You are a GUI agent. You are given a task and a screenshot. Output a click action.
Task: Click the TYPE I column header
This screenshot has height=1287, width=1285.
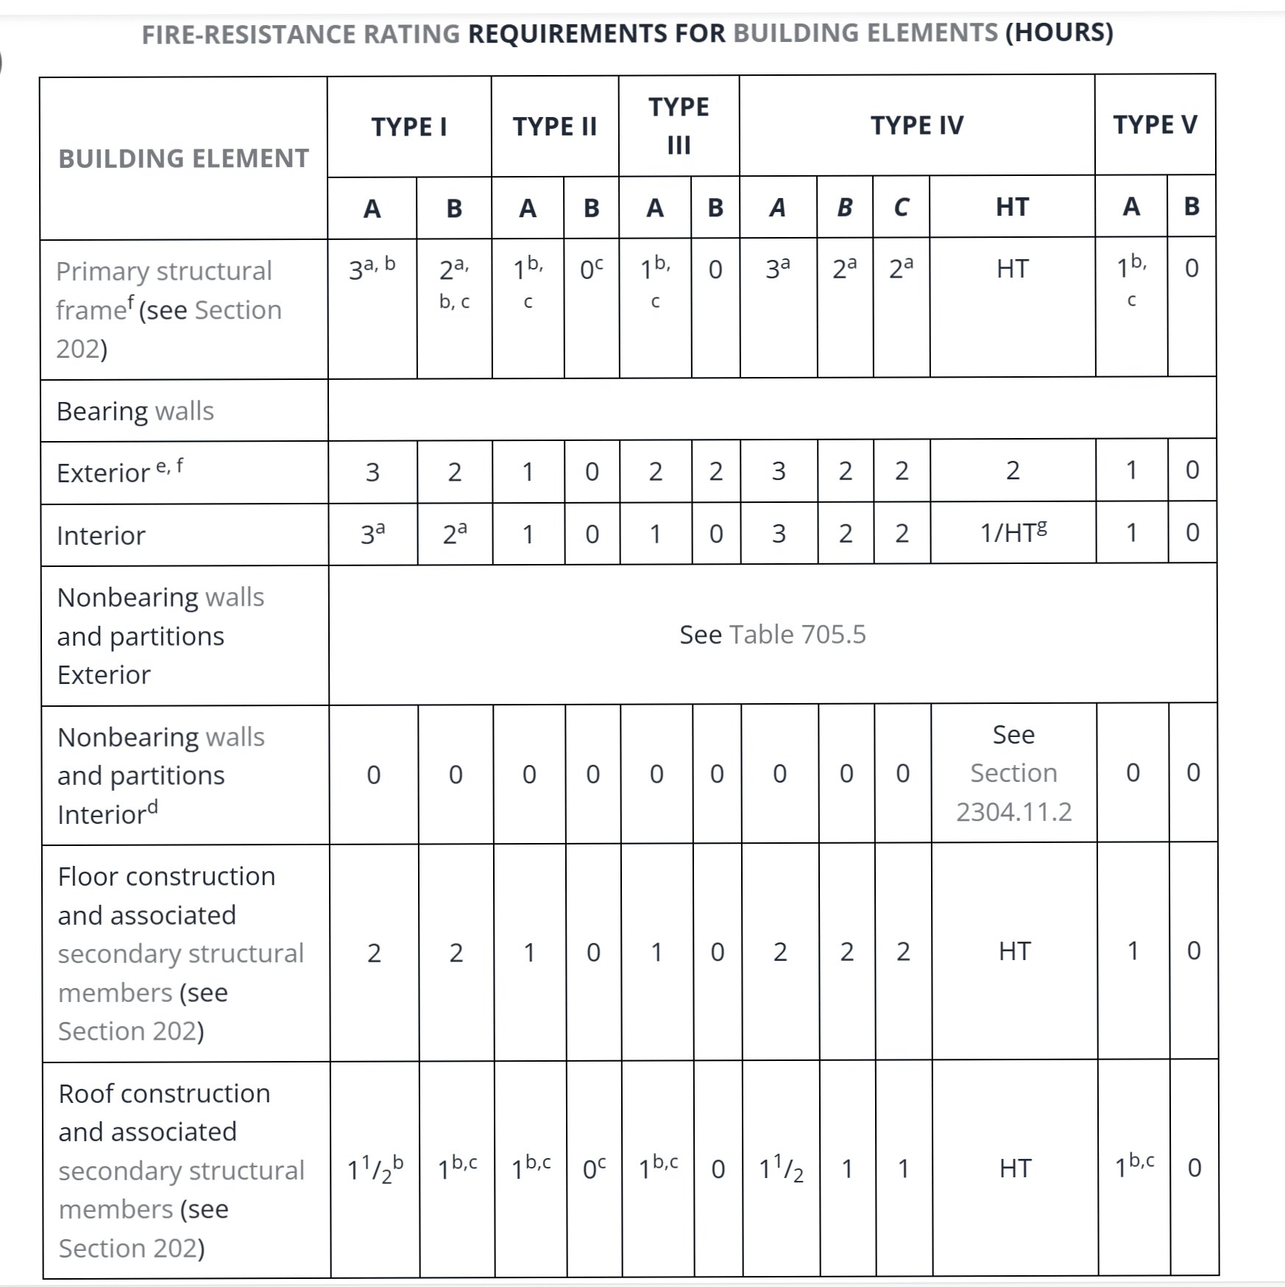pyautogui.click(x=408, y=127)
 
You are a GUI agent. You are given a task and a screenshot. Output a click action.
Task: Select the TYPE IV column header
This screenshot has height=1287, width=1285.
pyautogui.click(x=916, y=125)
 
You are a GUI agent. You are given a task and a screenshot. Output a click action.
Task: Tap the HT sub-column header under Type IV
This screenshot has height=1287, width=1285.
pyautogui.click(x=1012, y=207)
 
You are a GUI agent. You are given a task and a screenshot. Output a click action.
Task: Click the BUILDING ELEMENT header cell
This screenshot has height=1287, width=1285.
pyautogui.click(x=183, y=158)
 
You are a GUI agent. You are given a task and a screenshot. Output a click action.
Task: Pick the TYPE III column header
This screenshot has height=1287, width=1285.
pyautogui.click(x=679, y=125)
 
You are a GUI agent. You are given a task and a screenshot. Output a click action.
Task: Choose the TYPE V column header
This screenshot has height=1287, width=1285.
pyautogui.click(x=1154, y=124)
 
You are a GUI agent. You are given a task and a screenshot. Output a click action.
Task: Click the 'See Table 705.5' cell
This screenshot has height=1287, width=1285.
pyautogui.click(x=772, y=634)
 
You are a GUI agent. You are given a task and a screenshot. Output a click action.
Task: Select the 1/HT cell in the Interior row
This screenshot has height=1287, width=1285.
pyautogui.click(x=1013, y=532)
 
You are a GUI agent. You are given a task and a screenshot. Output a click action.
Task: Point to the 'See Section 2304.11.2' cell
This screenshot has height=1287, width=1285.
pyautogui.click(x=1013, y=772)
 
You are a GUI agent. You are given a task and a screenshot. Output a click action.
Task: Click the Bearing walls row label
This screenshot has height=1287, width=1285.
pyautogui.click(x=135, y=411)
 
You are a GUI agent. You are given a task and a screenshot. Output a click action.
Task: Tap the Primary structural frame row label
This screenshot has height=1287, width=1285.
pyautogui.click(x=169, y=309)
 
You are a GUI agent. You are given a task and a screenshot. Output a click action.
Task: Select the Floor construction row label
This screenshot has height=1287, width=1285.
pyautogui.click(x=180, y=953)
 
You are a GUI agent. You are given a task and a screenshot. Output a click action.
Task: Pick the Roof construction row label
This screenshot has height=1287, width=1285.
pyautogui.click(x=180, y=1170)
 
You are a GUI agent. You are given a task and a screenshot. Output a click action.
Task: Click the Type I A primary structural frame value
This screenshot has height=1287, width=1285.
pyautogui.click(x=372, y=269)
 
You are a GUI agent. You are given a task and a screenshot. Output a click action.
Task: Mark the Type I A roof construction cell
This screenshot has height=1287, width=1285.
pyautogui.click(x=375, y=1168)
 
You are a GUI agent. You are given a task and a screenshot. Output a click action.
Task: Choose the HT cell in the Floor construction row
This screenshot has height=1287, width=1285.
pyautogui.click(x=1014, y=951)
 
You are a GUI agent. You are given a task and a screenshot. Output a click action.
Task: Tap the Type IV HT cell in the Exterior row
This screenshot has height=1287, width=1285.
pyautogui.click(x=1013, y=470)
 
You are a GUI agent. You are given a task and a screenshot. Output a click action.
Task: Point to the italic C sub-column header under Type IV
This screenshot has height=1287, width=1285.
pyautogui.click(x=901, y=208)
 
